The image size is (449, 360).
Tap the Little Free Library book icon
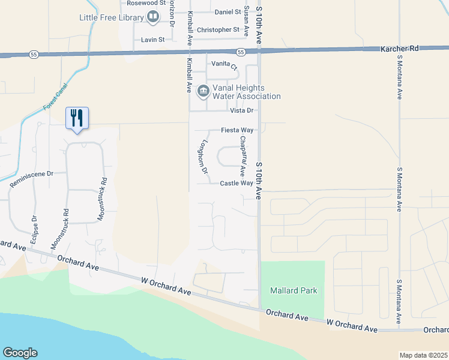pos(153,17)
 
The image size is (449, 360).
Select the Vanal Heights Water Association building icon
pos(203,91)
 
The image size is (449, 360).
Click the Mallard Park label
pos(294,290)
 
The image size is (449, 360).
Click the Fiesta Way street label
pos(237,130)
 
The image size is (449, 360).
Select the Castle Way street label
pos(236,184)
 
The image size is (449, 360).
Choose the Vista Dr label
pos(243,110)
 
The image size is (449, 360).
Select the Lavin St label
pos(152,40)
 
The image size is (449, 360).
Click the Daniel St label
pos(228,11)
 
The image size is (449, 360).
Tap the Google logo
pos(20,352)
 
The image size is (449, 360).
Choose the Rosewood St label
pos(139,3)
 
